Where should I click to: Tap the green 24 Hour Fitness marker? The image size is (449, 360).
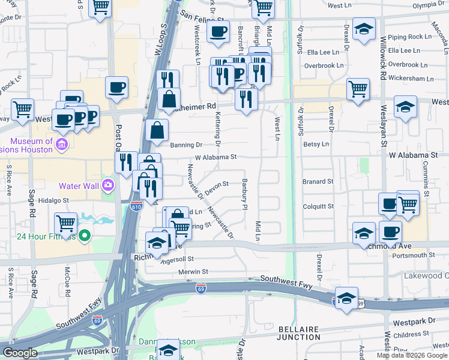click(x=85, y=236)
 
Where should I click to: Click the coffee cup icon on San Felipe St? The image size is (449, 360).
click(x=218, y=31)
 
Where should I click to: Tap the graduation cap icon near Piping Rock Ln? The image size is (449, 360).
click(x=364, y=29)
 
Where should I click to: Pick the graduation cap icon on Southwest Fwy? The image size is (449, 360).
click(x=346, y=299)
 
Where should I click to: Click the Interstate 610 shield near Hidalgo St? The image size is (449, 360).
click(x=137, y=206)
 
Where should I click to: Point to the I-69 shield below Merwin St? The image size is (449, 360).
click(x=200, y=289)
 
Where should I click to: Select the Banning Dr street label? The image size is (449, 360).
click(x=186, y=145)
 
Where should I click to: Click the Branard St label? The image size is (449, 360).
click(x=318, y=181)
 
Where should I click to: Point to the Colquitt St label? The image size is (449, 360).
click(x=318, y=206)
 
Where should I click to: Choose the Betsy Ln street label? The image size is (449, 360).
click(x=317, y=144)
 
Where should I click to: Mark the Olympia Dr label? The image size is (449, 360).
click(x=429, y=5)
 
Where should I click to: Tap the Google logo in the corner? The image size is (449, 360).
click(x=20, y=353)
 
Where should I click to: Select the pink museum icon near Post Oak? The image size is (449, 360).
click(x=62, y=144)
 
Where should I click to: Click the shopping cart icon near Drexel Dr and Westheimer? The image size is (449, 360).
click(x=358, y=89)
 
